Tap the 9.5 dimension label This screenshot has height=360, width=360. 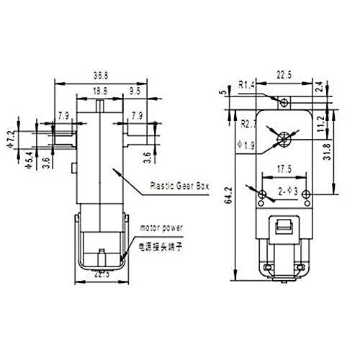(x=135, y=91)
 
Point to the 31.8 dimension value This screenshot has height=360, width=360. (x=346, y=153)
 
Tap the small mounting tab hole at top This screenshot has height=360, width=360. (x=282, y=100)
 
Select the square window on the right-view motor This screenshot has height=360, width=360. (x=283, y=229)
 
